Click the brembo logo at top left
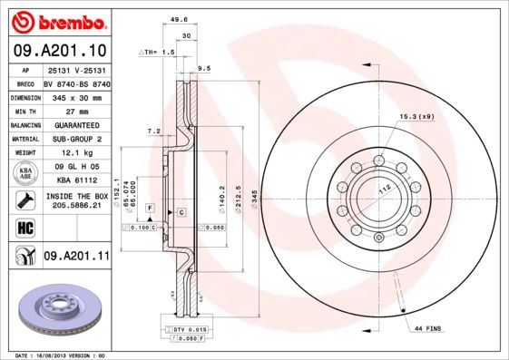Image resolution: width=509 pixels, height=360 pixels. [x=56, y=20]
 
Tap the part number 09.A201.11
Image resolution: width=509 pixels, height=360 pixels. [x=76, y=257]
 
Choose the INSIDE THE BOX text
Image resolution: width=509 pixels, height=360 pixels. [x=76, y=196]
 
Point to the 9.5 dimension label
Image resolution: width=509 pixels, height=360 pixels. [x=204, y=68]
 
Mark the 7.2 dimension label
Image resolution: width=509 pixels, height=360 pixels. [x=153, y=131]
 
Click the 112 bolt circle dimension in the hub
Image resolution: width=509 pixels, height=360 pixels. [x=384, y=188]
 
